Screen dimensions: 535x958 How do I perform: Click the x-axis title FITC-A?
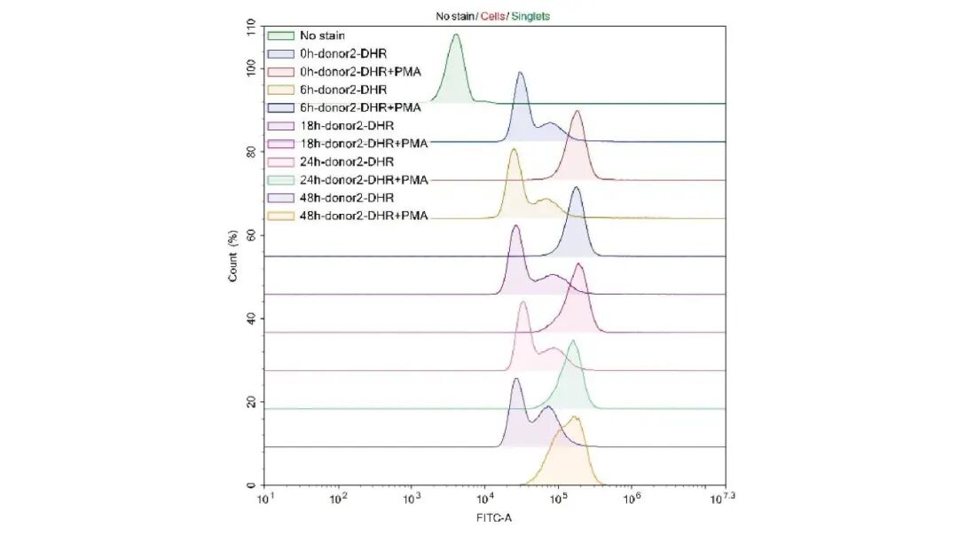[x=493, y=518]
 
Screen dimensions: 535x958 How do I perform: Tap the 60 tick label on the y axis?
[x=251, y=235]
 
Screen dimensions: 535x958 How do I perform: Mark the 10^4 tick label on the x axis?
[x=483, y=501]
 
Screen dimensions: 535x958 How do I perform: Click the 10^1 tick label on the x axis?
[x=265, y=501]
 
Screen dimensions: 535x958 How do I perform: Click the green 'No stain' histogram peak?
[x=456, y=37]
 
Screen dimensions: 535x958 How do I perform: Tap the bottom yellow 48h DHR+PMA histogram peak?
[x=575, y=419]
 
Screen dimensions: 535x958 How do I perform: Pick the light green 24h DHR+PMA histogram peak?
[x=573, y=342]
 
